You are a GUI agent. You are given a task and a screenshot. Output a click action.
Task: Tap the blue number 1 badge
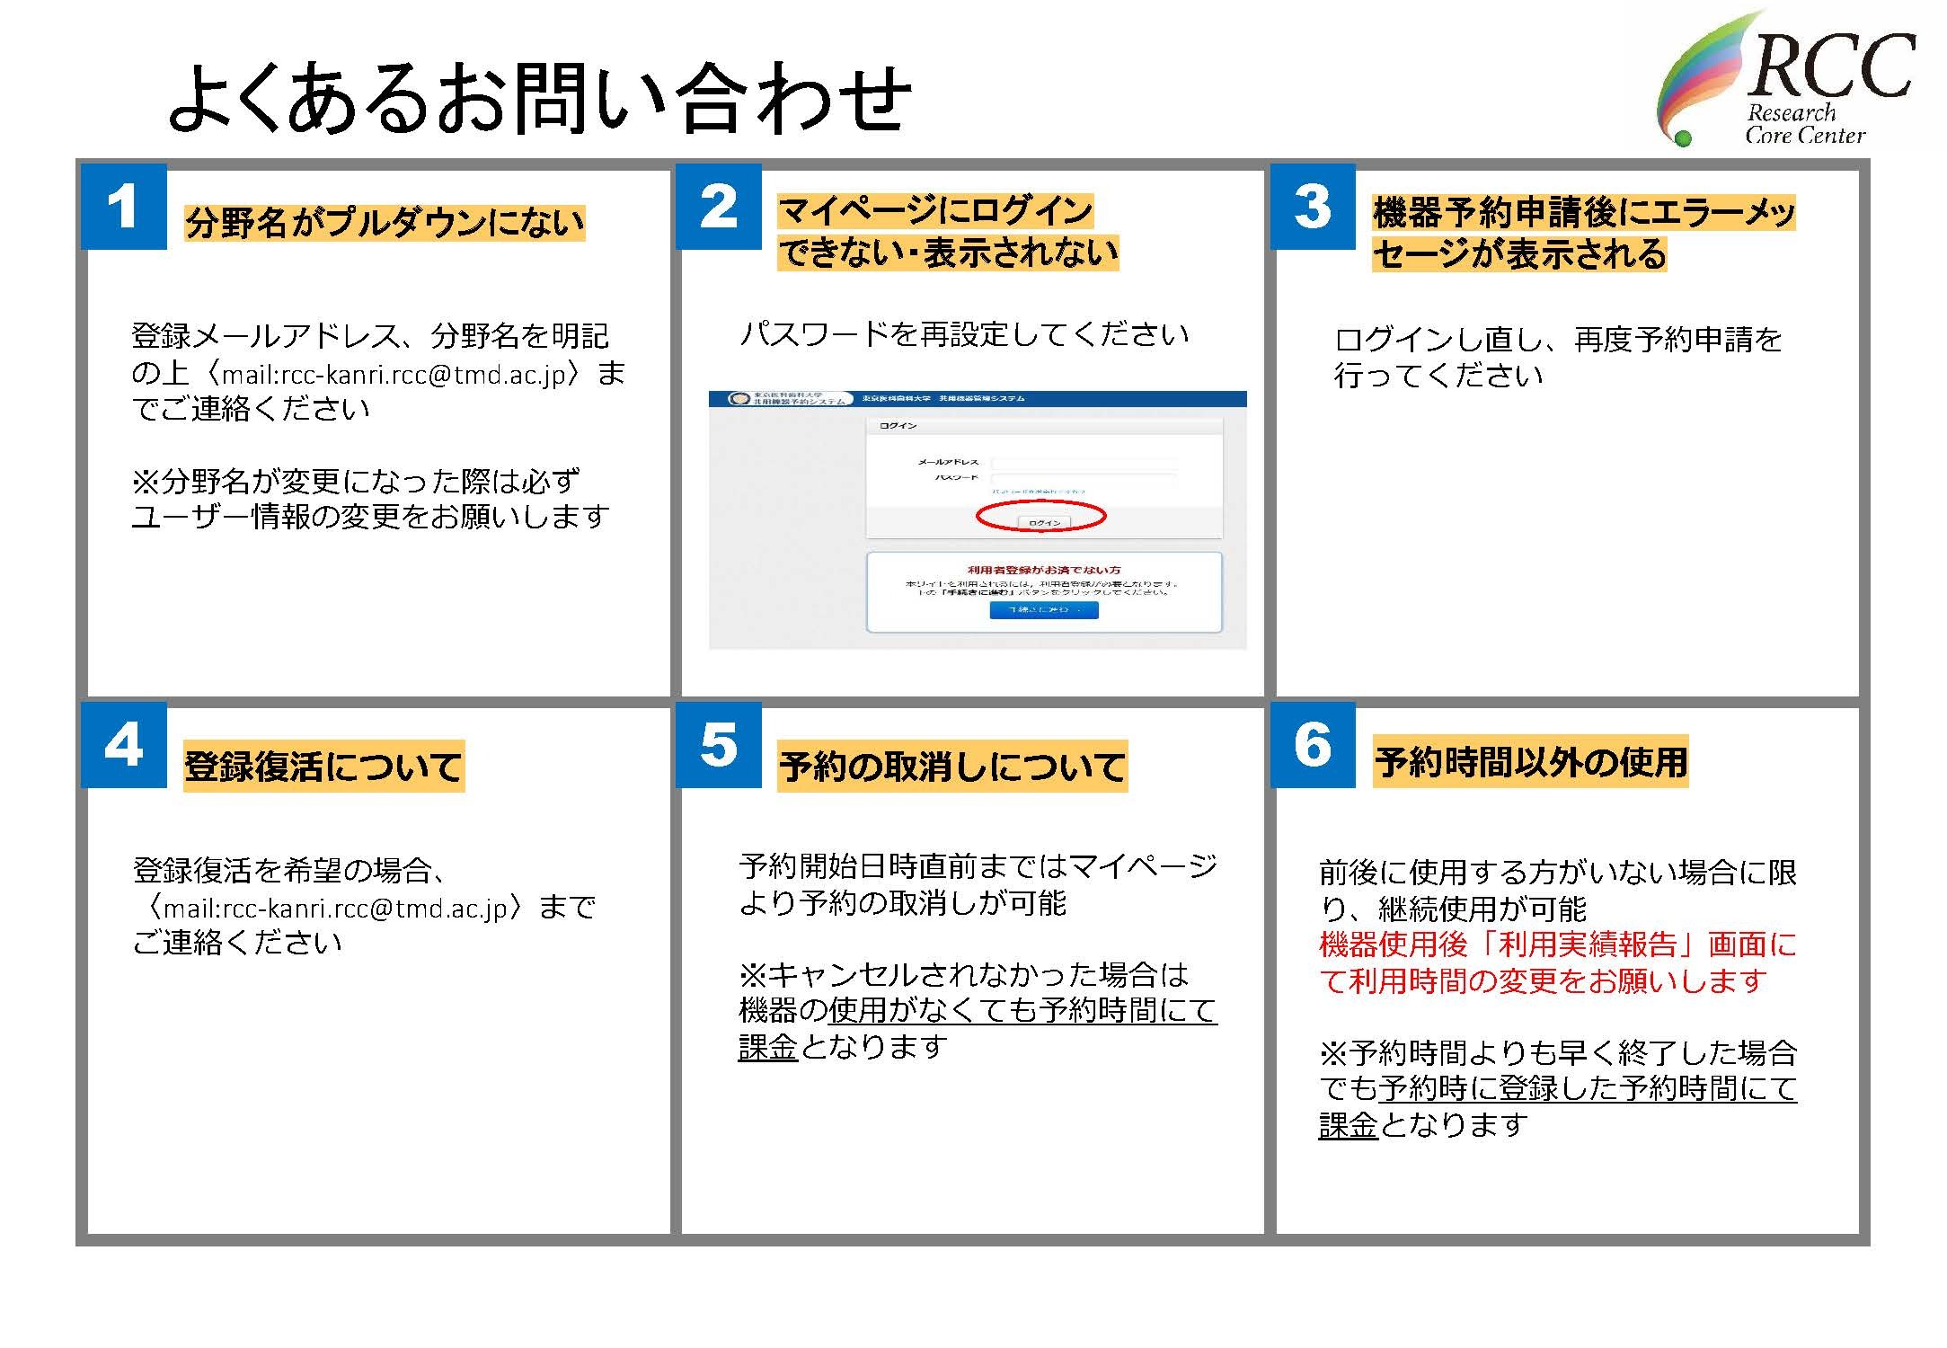pos(124,207)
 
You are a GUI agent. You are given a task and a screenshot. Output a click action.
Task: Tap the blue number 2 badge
pos(719,207)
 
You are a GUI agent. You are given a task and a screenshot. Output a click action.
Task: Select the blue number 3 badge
pos(1313,207)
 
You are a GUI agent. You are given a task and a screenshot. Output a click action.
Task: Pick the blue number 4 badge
pos(124,745)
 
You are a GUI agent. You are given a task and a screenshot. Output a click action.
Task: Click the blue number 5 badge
pos(719,745)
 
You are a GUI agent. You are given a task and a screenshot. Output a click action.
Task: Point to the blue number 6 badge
pos(1313,745)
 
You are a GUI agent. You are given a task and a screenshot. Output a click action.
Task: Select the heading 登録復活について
pos(323,766)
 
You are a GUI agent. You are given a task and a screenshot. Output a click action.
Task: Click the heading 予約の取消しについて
pos(952,766)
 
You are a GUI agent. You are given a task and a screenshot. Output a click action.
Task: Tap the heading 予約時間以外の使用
pos(1531,762)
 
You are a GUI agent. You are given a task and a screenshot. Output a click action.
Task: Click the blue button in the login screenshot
pos(1044,610)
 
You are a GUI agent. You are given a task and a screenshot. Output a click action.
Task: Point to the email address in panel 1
pos(395,374)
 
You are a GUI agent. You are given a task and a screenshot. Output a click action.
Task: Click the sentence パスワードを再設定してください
pos(964,334)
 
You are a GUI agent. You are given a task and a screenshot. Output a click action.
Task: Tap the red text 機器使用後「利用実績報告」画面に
pos(1557,944)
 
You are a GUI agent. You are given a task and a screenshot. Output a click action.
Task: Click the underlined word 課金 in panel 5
pos(767,1047)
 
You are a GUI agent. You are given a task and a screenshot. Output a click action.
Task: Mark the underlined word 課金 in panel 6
pos(1348,1125)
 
